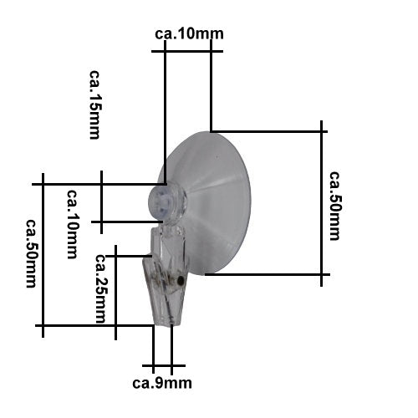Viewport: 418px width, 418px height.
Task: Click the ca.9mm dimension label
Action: point(162,384)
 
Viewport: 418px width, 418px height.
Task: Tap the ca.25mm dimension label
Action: point(100,288)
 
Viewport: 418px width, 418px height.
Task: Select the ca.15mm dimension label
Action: point(94,104)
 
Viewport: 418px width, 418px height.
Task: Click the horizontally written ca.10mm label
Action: point(189,34)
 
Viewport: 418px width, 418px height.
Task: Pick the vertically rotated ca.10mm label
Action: point(72,224)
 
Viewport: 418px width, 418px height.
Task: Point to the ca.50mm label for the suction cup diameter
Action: point(334,206)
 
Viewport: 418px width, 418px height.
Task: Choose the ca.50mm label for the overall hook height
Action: point(31,253)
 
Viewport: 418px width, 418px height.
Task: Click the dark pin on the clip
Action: point(181,279)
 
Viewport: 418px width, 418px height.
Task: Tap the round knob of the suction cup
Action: point(166,203)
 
